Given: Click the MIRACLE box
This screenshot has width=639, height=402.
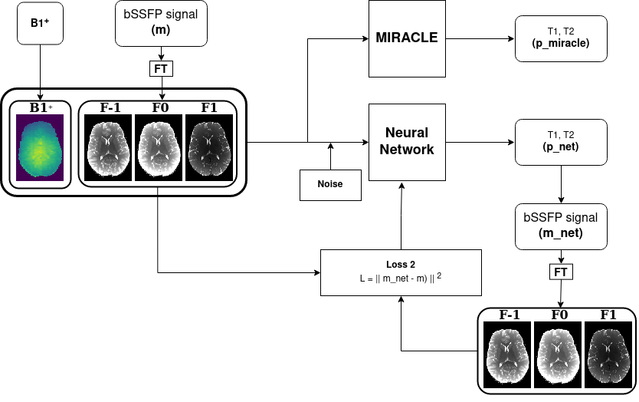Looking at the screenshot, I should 406,38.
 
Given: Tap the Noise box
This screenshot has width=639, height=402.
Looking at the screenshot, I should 330,185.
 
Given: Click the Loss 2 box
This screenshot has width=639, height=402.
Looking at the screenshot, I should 401,272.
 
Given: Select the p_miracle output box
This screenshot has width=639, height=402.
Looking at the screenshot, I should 562,38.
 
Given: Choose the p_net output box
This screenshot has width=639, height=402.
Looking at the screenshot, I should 562,142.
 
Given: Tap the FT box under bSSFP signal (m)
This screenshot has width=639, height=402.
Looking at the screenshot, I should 162,68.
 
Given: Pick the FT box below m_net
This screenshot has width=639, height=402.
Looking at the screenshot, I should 562,272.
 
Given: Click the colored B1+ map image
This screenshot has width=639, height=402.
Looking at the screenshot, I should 39,147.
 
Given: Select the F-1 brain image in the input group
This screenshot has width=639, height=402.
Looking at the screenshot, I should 108,147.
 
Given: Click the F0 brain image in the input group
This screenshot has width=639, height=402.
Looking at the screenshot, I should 159,147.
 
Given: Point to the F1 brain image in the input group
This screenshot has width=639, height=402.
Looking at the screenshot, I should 209,147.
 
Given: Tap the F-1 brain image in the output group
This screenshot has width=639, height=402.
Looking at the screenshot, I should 508,354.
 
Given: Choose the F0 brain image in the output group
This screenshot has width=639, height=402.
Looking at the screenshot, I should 559,354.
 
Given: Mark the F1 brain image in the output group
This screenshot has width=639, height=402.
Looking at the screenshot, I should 609,354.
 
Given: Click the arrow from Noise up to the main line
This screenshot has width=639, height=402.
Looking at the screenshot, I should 330,157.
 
